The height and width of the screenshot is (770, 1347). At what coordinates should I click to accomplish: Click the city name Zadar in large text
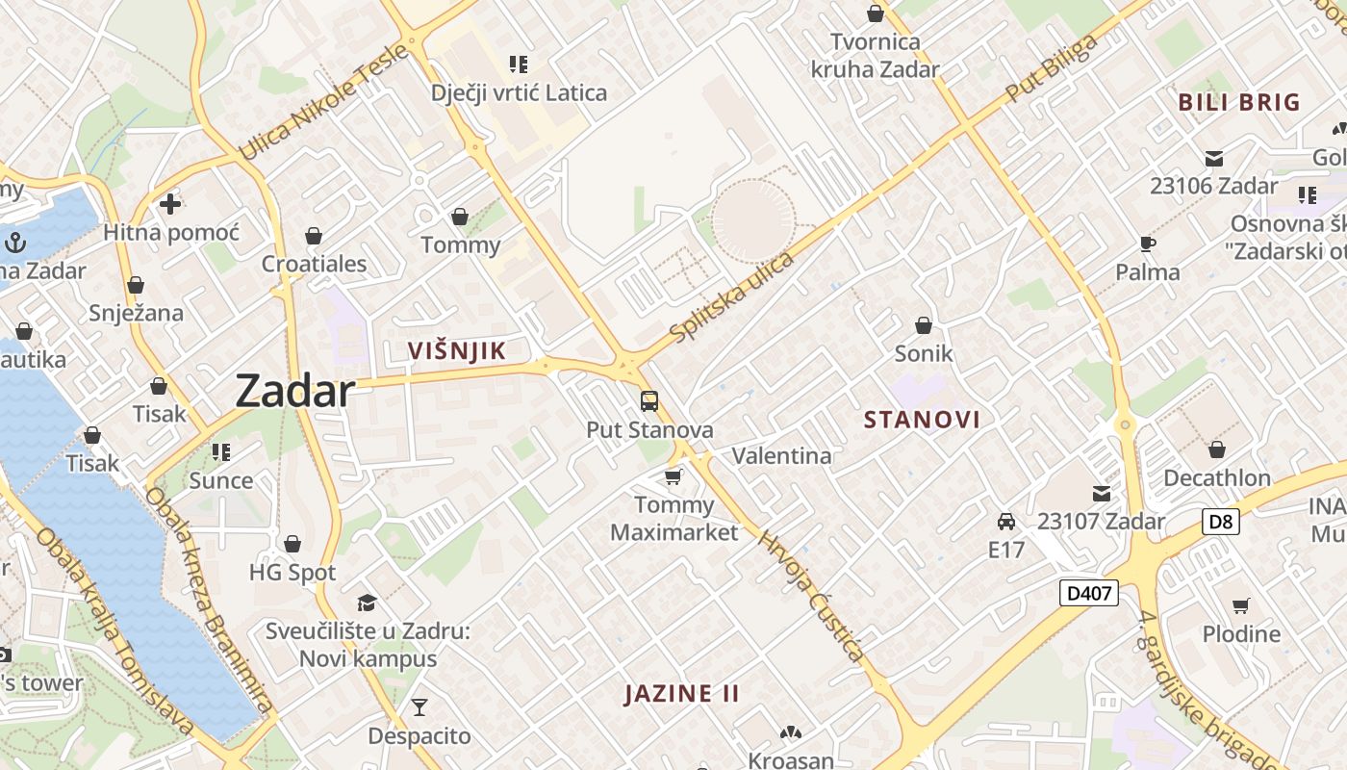coord(295,391)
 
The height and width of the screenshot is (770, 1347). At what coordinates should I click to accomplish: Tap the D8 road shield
coord(1220,523)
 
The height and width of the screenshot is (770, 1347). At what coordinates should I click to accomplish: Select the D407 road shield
coord(1090,593)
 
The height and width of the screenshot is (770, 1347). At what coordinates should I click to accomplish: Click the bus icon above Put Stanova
coord(649,400)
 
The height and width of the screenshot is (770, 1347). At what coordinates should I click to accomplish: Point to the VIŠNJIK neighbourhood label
coord(456,350)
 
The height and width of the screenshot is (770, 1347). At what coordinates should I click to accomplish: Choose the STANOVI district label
coord(922,420)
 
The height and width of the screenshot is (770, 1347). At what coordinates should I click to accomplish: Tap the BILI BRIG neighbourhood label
coord(1239,102)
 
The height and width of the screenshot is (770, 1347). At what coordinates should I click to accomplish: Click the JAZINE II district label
coord(682,694)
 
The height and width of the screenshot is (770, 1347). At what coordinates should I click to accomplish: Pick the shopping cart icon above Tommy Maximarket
coord(673,476)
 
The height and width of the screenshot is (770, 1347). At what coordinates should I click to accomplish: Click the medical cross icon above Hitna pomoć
coord(170,204)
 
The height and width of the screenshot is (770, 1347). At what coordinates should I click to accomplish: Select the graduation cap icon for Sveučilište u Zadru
coord(367,603)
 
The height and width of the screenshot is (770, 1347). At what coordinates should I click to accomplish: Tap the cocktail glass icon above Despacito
coord(419,707)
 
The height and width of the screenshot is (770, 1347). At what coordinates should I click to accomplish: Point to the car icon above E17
coord(1006,522)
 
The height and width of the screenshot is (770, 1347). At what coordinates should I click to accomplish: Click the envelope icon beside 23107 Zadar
coord(1102,494)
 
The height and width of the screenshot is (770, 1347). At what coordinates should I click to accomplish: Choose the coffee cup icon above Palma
coord(1147,244)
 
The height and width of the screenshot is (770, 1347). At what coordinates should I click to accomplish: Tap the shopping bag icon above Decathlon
coord(1217,449)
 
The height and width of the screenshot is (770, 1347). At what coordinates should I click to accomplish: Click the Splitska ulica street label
coord(733,296)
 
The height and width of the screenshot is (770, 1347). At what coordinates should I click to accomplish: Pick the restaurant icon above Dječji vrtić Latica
coord(519,64)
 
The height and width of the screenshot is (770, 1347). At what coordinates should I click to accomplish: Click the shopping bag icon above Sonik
coord(924,325)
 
